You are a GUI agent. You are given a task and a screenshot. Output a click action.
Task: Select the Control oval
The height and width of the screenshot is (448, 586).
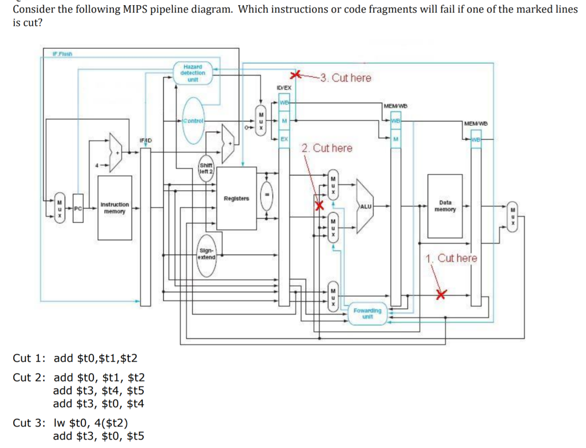[195, 121]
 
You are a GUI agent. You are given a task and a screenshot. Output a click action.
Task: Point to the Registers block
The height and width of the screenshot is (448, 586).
[236, 199]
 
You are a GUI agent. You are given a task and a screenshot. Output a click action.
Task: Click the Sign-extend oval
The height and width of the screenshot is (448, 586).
[206, 253]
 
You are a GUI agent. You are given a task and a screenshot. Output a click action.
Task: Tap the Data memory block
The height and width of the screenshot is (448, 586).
[445, 206]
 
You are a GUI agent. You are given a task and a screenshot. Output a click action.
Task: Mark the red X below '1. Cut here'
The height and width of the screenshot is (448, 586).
[440, 294]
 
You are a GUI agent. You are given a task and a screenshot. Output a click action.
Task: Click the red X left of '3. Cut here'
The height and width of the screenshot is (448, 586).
[295, 76]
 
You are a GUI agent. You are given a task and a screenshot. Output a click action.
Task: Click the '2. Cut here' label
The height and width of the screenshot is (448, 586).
[327, 148]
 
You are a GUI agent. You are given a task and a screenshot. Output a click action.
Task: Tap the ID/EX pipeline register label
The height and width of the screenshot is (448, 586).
[284, 88]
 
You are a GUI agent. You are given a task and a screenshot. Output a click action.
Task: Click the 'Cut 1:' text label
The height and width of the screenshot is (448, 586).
[29, 358]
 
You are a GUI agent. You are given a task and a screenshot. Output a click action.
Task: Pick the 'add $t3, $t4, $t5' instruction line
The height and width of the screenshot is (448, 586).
[98, 391]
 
